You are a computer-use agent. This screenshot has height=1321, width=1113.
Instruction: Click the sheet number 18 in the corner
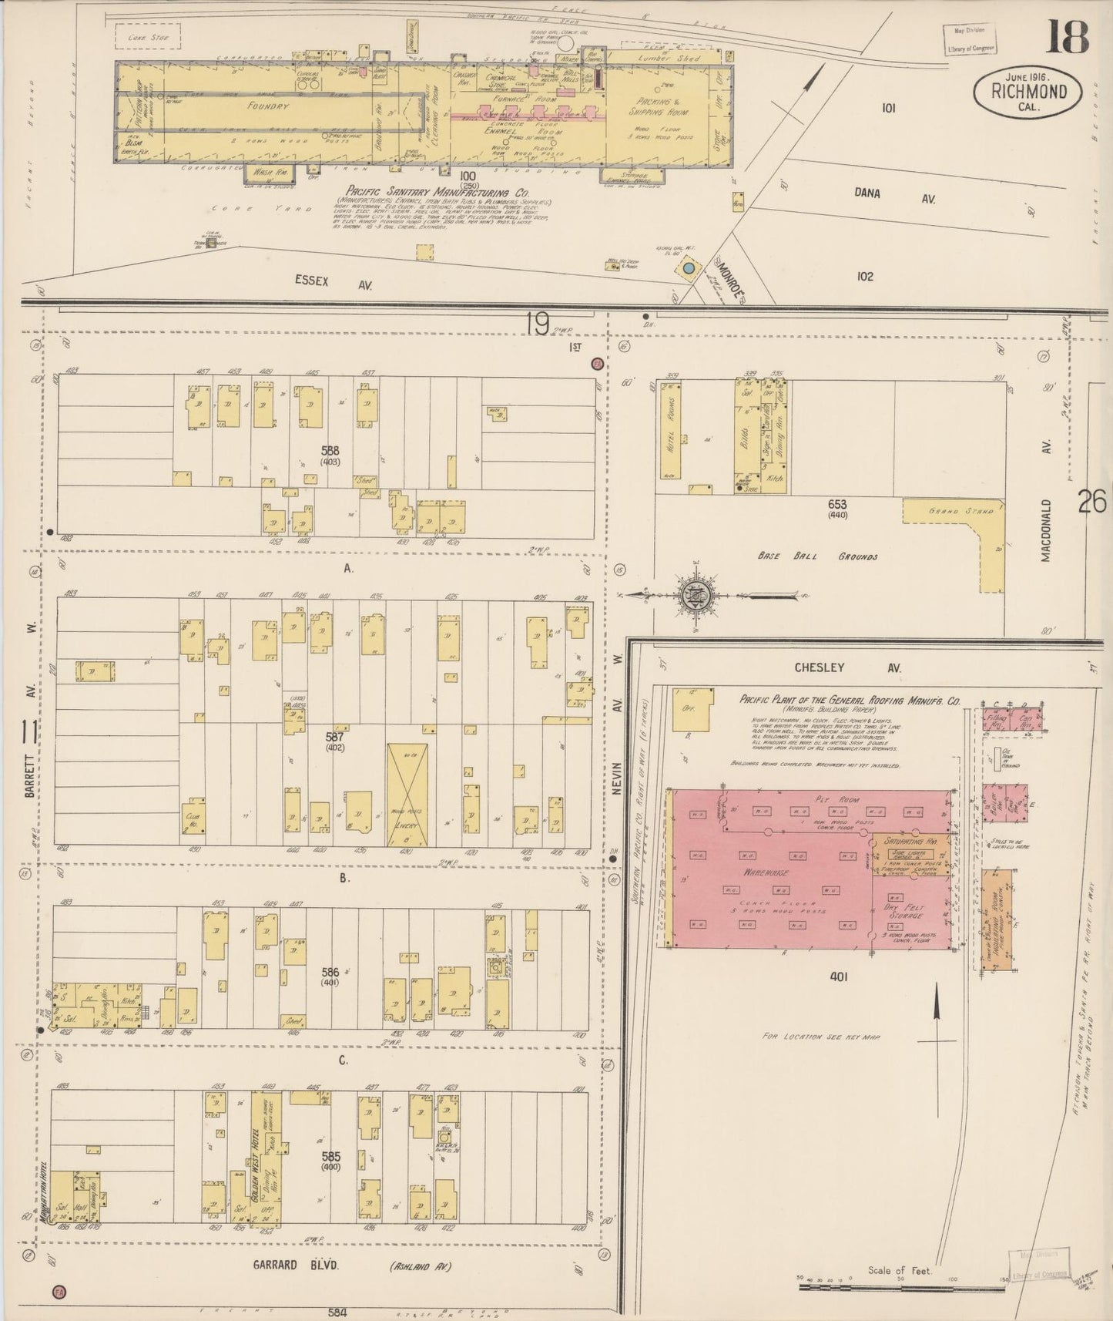(x=1068, y=37)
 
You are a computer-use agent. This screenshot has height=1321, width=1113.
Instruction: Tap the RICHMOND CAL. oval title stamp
(x=1028, y=92)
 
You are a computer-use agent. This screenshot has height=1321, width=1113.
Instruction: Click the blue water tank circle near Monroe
(x=687, y=269)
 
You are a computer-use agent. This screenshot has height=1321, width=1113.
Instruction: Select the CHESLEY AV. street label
(x=845, y=668)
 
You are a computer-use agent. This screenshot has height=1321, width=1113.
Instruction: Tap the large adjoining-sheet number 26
(x=1091, y=503)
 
